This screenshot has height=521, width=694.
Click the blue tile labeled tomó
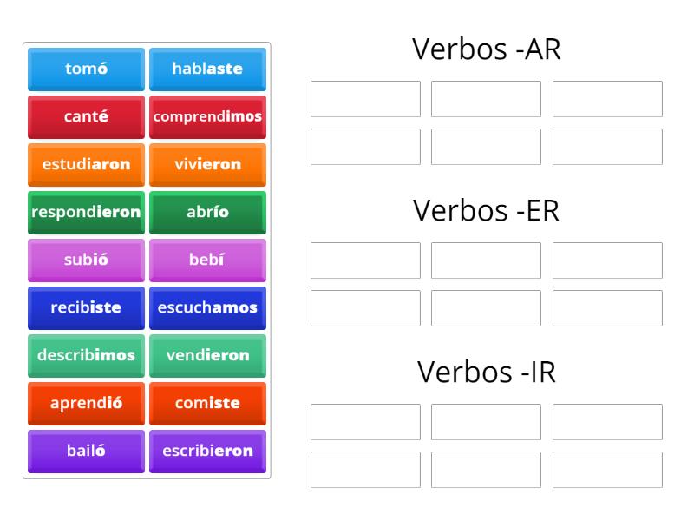pos(86,69)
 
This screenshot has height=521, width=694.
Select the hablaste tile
pos(207,69)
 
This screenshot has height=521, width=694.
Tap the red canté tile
pos(86,116)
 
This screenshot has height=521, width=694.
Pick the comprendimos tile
pos(207,116)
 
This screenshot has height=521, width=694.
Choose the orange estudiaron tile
pos(86,164)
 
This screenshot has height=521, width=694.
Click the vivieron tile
pos(207,164)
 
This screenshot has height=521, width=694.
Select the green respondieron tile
pos(86,212)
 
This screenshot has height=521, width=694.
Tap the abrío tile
pos(207,212)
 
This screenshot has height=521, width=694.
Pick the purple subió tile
pos(86,260)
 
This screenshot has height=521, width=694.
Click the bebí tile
pos(207,260)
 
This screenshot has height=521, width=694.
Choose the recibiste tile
pos(86,307)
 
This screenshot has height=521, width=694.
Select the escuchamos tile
pos(207,307)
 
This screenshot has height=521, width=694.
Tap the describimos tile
pos(86,355)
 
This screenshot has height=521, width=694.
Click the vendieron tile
pos(207,355)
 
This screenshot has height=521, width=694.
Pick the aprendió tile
pos(86,403)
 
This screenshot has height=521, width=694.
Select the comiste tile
pos(207,403)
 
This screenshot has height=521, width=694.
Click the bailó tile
pos(86,451)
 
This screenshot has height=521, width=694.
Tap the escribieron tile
pos(207,451)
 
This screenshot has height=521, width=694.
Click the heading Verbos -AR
pos(486,50)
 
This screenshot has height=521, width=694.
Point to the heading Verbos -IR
pos(486,372)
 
